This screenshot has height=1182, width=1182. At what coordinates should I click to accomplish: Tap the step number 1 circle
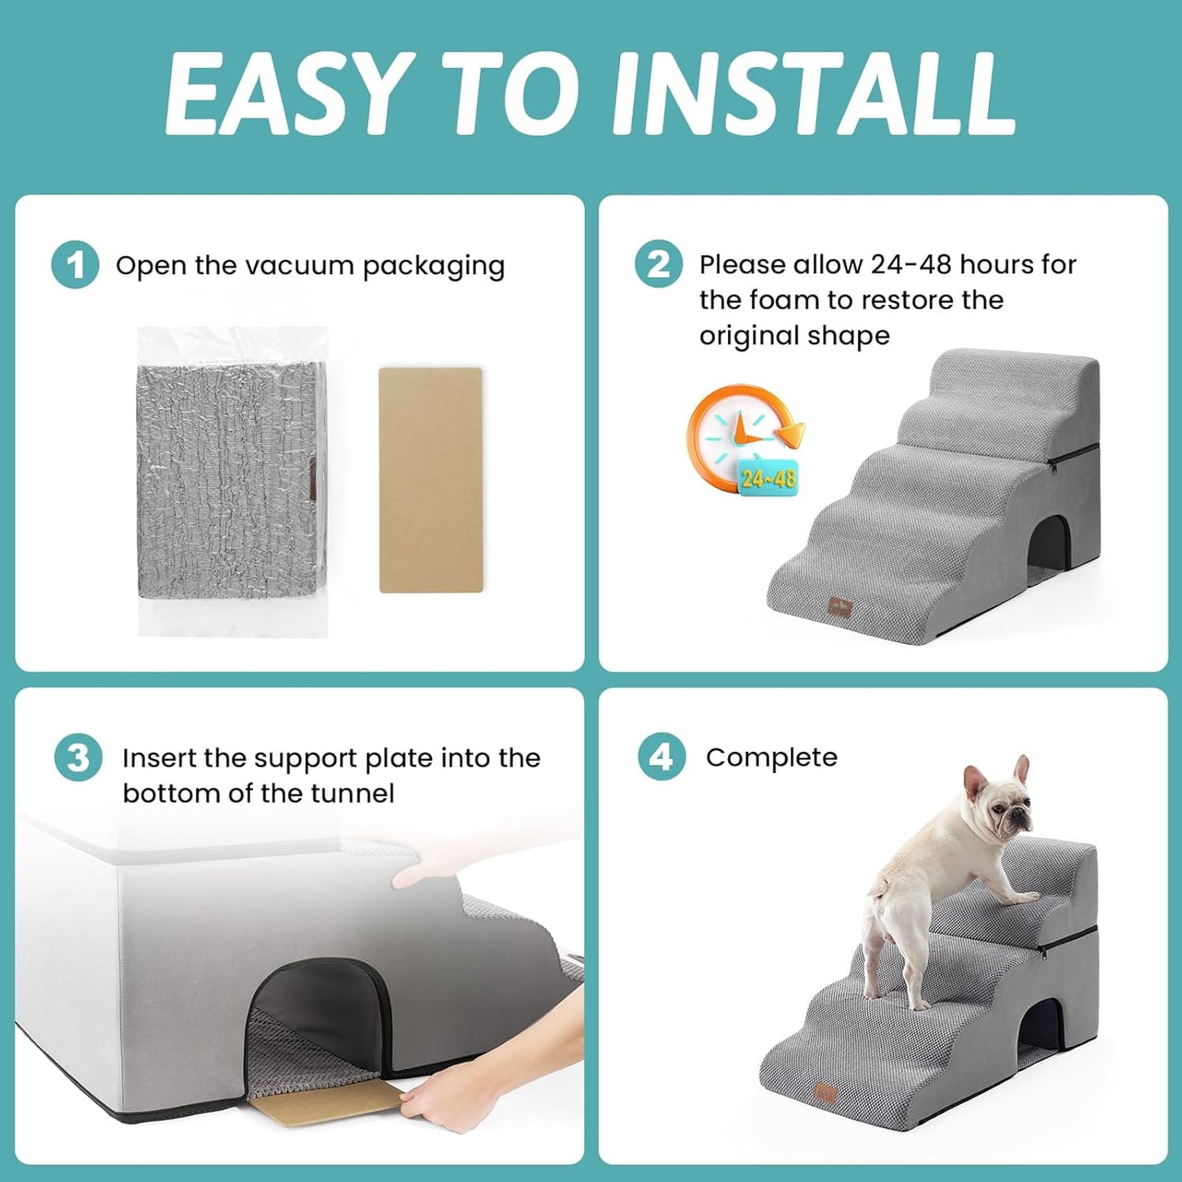click(x=75, y=265)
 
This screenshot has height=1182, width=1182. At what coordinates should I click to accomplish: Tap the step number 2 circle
click(x=658, y=264)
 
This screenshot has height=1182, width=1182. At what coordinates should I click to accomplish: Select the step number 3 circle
click(x=79, y=758)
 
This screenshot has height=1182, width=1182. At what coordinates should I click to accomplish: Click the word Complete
click(x=771, y=757)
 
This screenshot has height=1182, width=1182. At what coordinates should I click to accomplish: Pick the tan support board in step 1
click(x=430, y=480)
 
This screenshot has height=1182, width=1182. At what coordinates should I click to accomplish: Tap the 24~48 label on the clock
click(x=768, y=478)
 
